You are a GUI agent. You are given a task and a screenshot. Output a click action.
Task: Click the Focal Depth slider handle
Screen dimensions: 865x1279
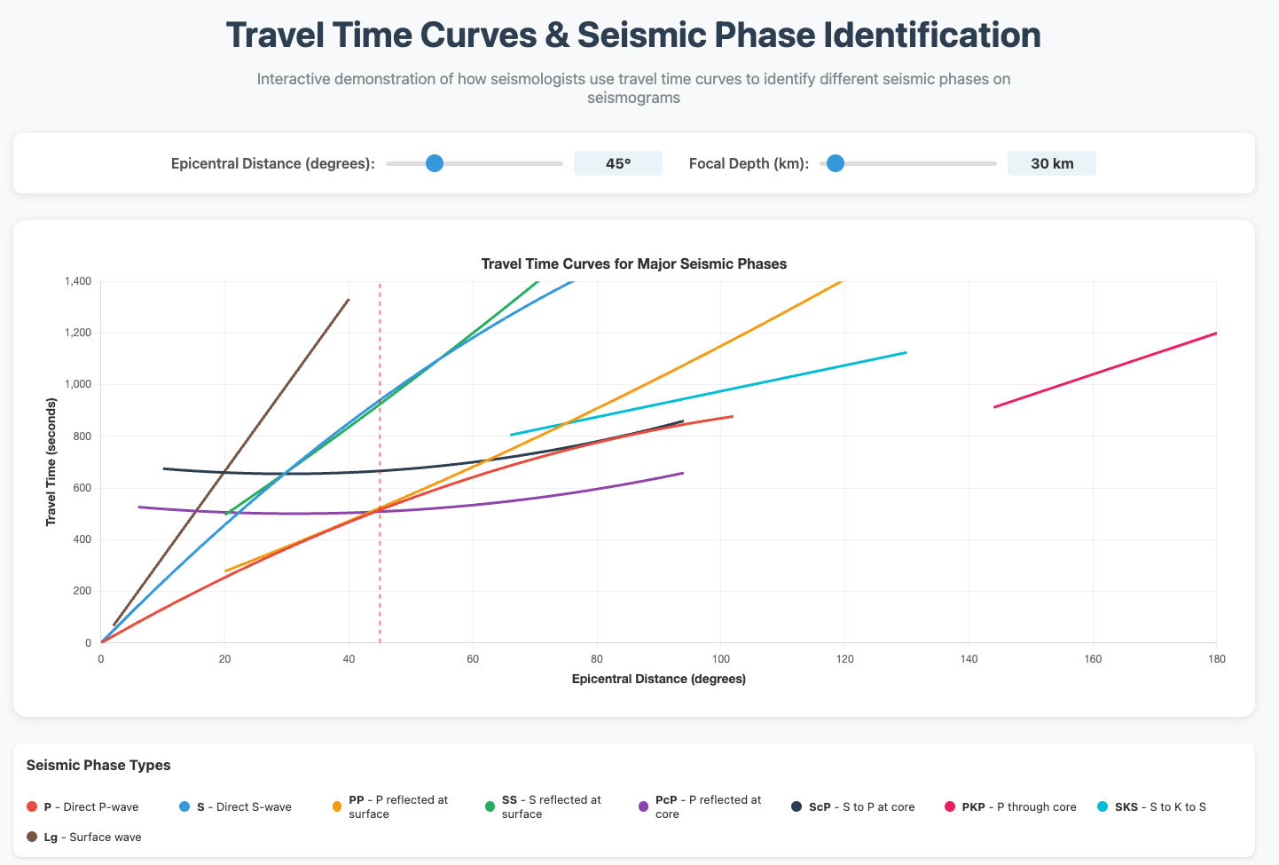click(x=835, y=163)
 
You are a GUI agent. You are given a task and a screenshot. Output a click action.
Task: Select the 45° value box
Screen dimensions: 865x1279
click(x=617, y=163)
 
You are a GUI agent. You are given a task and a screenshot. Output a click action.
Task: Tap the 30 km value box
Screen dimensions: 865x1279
click(x=1051, y=163)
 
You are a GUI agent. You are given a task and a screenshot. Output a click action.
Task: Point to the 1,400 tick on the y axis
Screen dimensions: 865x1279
click(x=77, y=281)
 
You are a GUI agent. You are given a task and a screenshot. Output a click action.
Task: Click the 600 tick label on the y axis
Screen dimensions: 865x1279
click(x=82, y=488)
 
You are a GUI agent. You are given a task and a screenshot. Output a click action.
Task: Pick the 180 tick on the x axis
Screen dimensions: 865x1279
click(x=1216, y=658)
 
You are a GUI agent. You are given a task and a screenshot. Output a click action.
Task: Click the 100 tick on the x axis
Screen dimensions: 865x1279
click(x=720, y=658)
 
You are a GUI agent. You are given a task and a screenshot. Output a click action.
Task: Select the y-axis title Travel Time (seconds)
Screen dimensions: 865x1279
click(x=51, y=462)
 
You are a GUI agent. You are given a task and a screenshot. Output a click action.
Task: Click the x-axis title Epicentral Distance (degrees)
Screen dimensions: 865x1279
click(x=658, y=679)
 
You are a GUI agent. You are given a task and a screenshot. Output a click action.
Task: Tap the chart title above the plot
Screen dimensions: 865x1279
click(x=633, y=263)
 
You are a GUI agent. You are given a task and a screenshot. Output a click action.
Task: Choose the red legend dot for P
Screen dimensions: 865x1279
click(x=32, y=807)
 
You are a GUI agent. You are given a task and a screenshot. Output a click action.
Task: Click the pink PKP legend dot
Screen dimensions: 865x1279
click(x=950, y=807)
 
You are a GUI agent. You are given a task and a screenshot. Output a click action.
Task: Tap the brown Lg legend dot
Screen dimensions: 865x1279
click(x=32, y=837)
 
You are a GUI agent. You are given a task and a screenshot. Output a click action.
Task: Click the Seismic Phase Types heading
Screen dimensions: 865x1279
click(x=98, y=765)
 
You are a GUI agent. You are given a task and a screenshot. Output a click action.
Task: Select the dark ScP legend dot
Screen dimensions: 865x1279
click(x=796, y=807)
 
